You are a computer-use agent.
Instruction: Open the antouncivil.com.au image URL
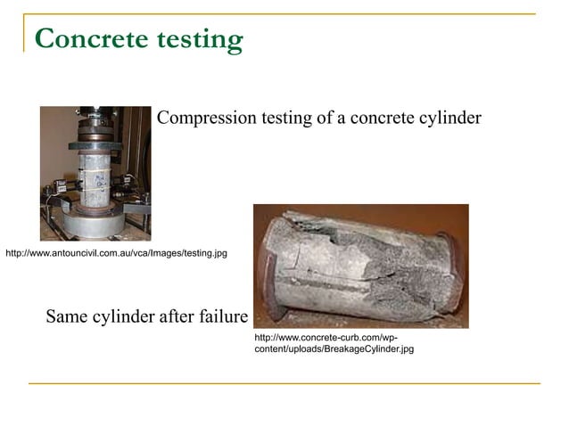point(116,254)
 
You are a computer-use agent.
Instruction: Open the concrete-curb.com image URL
point(326,339)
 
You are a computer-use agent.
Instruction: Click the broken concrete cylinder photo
point(360,266)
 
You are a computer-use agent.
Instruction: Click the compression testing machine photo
point(95,173)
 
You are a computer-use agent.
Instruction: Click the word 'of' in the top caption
point(324,119)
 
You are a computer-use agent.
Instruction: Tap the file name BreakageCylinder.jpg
point(362,349)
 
